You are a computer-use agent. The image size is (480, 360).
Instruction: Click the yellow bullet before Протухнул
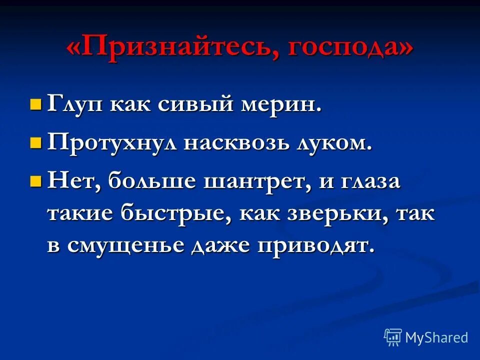35,143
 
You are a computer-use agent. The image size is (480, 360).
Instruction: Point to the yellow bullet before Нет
35,180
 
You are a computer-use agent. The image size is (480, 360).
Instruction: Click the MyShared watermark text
436,337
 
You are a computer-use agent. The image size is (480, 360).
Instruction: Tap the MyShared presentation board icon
392,337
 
